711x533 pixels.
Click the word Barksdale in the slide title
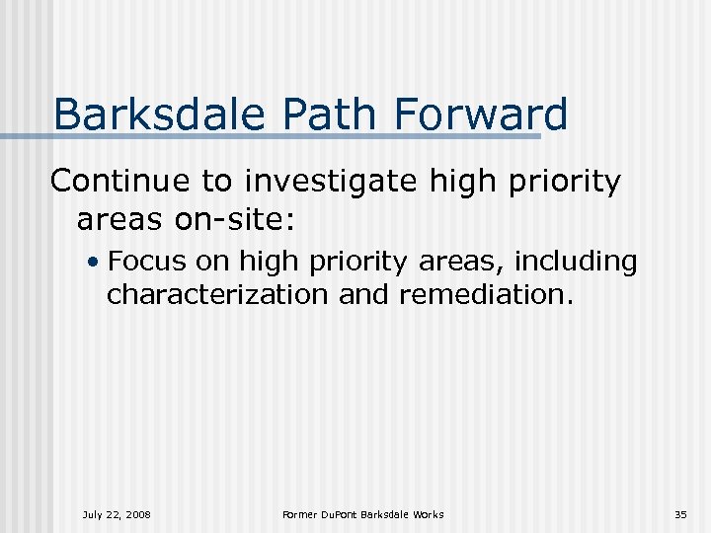click(x=158, y=114)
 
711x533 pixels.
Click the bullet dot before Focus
click(x=91, y=263)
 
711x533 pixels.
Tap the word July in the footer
click(x=94, y=514)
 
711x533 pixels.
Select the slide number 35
click(x=680, y=514)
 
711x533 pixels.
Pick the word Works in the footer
click(x=427, y=514)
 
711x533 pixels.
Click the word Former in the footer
click(x=298, y=514)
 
